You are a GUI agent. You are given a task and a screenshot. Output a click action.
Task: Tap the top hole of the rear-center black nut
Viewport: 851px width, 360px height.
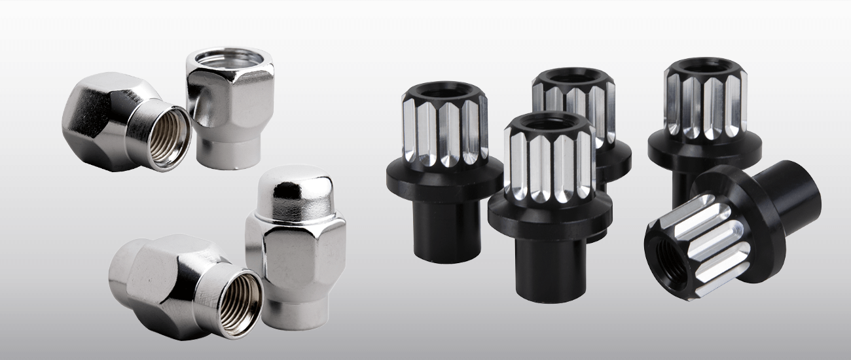(573, 77)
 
